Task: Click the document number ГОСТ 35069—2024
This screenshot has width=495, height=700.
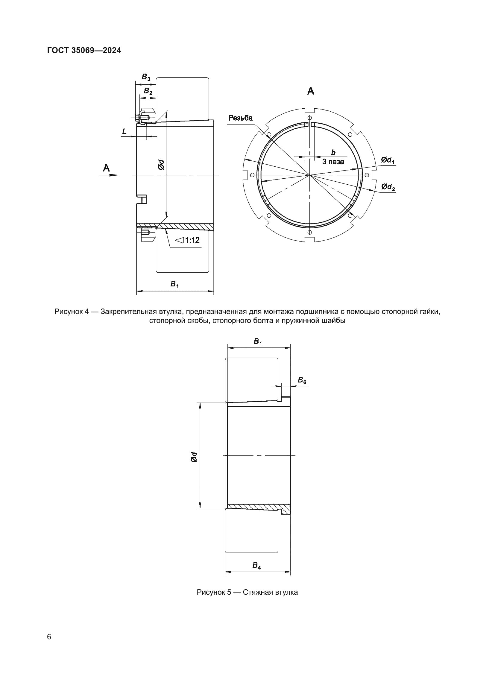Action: coord(84,50)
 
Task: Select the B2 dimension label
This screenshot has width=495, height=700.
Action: coord(148,91)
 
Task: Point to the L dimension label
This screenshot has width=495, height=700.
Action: coord(124,131)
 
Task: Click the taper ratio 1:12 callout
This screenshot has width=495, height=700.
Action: coord(188,240)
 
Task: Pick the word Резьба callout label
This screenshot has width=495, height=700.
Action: coord(241,118)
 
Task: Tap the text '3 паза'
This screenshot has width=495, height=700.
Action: coord(333,162)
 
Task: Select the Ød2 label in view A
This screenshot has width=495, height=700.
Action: coord(388,186)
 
